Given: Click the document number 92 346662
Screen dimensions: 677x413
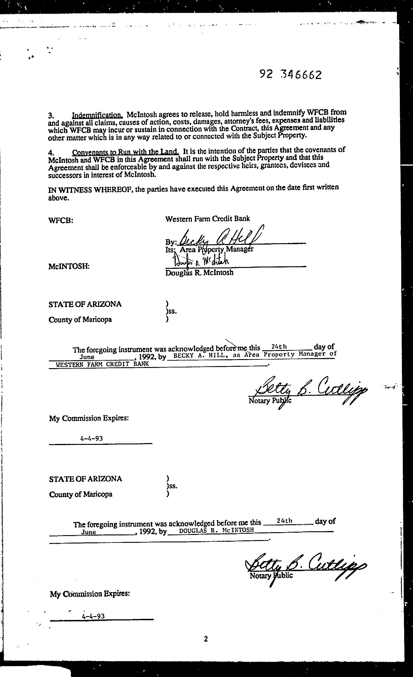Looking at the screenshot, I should pos(290,74).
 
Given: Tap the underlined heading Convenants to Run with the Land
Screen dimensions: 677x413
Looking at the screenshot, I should pos(125,152).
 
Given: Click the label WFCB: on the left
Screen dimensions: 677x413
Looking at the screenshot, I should pos(61,220).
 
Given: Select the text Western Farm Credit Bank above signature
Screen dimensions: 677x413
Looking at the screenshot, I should pos(208,219).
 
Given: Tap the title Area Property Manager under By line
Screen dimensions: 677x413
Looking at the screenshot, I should pos(216,249).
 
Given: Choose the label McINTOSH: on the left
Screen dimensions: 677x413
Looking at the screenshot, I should pos(69,266).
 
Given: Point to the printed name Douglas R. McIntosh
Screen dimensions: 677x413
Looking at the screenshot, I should pos(199,273).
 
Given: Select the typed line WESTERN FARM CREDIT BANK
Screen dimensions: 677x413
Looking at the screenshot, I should pos(102,364).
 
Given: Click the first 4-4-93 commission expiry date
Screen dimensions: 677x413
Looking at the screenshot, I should pos(91,438).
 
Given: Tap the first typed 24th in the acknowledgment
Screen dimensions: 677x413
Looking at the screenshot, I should pos(279,347).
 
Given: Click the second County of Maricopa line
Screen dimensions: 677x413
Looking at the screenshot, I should pos(81,494).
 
